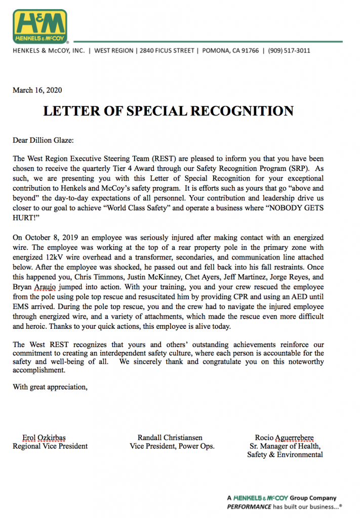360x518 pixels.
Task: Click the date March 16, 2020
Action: click(37, 91)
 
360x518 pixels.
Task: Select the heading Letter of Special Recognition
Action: click(168, 111)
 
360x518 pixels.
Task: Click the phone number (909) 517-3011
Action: click(289, 51)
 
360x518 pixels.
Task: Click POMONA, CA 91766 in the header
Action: click(230, 51)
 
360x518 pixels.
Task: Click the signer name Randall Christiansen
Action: click(170, 438)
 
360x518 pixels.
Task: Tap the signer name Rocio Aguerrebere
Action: click(284, 438)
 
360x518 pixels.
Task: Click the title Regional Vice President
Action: click(50, 446)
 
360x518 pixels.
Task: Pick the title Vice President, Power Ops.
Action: click(172, 446)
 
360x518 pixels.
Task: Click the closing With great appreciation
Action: click(50, 387)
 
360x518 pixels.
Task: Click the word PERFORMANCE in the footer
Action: click(248, 506)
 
